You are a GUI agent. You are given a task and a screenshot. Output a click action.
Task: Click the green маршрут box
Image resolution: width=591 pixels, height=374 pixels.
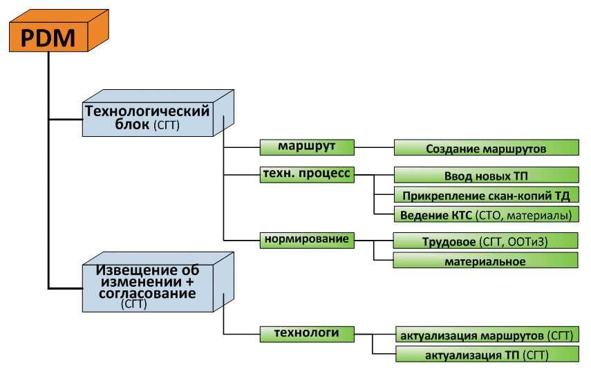pyautogui.click(x=306, y=147)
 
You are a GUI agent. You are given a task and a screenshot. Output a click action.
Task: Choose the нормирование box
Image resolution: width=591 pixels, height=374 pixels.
pyautogui.click(x=306, y=239)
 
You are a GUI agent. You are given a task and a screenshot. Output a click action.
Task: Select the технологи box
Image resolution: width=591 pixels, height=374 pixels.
pyautogui.click(x=306, y=333)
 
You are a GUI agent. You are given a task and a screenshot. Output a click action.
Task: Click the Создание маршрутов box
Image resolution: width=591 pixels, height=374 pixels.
pyautogui.click(x=486, y=149)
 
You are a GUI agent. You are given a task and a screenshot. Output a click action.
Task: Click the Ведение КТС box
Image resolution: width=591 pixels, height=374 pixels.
pyautogui.click(x=486, y=215)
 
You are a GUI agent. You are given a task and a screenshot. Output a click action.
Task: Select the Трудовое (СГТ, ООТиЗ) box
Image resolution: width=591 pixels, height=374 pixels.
pyautogui.click(x=486, y=241)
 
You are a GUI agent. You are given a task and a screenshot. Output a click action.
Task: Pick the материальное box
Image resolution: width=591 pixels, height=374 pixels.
pyautogui.click(x=486, y=261)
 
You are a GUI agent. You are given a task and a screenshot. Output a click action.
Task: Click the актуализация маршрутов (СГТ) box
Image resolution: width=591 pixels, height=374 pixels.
pyautogui.click(x=486, y=335)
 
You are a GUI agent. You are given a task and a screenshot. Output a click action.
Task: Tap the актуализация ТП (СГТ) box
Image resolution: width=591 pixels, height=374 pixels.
pyautogui.click(x=486, y=355)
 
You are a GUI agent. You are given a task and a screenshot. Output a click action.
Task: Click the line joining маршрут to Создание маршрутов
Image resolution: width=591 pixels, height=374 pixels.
pyautogui.click(x=373, y=147)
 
